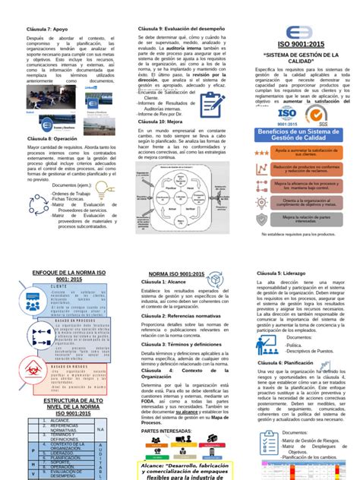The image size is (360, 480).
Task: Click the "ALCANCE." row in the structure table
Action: click(x=61, y=419)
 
